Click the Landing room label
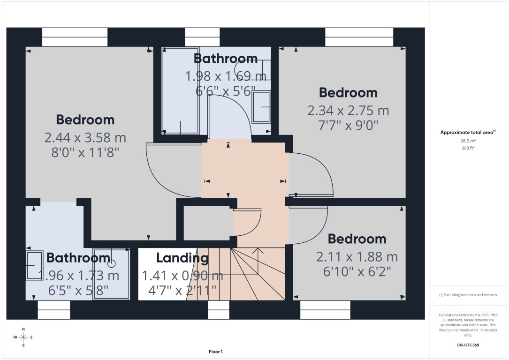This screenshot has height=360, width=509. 182,258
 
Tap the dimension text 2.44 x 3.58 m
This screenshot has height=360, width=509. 85,138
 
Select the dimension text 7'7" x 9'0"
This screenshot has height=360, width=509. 348,126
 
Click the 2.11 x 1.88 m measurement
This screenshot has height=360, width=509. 357,257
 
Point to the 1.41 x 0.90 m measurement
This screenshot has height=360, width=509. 182,276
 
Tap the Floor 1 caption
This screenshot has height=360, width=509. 216,352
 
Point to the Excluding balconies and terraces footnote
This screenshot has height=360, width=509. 468,295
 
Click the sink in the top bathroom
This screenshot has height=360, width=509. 261,107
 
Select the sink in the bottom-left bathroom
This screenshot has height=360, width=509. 34,266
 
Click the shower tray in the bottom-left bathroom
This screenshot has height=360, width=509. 112,274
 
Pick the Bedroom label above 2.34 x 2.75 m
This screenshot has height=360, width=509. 348,93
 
